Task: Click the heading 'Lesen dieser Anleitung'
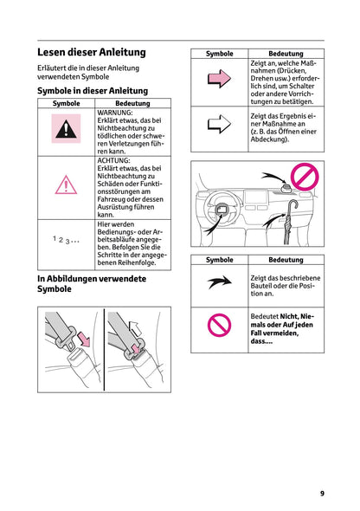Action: pos(92,52)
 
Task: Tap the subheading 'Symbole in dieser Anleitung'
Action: pos(92,90)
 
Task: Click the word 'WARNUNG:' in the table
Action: pos(115,113)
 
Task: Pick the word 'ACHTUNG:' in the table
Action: pos(115,160)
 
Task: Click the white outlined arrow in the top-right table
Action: pos(220,125)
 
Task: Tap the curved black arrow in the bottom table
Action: pos(220,283)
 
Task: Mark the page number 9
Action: pos(321,493)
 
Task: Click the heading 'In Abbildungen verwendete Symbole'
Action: pos(92,284)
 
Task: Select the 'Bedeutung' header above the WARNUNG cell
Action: pos(132,103)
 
